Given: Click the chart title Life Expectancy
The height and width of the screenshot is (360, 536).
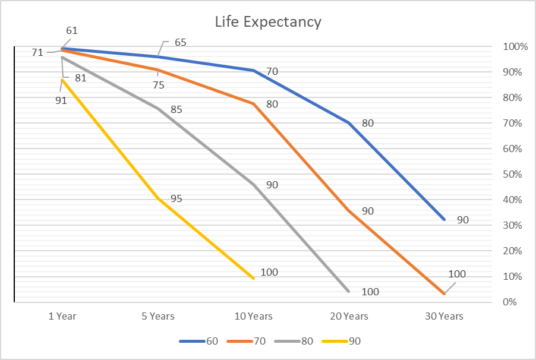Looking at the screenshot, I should (268, 23).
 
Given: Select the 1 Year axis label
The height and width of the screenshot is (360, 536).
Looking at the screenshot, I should (62, 316).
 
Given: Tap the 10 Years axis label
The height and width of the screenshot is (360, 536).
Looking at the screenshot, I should (253, 316).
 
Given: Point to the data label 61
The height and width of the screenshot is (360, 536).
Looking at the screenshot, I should (72, 30).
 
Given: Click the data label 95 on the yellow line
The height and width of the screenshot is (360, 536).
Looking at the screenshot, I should (176, 198).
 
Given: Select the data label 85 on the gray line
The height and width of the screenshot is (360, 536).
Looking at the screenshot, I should (176, 109).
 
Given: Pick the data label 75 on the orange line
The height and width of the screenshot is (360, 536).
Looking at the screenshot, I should (158, 85).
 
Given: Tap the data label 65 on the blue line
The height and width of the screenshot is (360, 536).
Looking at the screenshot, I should (181, 43).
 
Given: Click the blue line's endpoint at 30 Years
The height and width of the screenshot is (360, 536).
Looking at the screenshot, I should (444, 220).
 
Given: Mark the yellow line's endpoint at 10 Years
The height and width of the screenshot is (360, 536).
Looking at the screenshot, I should (253, 278).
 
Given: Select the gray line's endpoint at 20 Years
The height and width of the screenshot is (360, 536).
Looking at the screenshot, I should (348, 291).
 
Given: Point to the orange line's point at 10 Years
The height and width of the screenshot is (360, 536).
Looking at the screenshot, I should (253, 104).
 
